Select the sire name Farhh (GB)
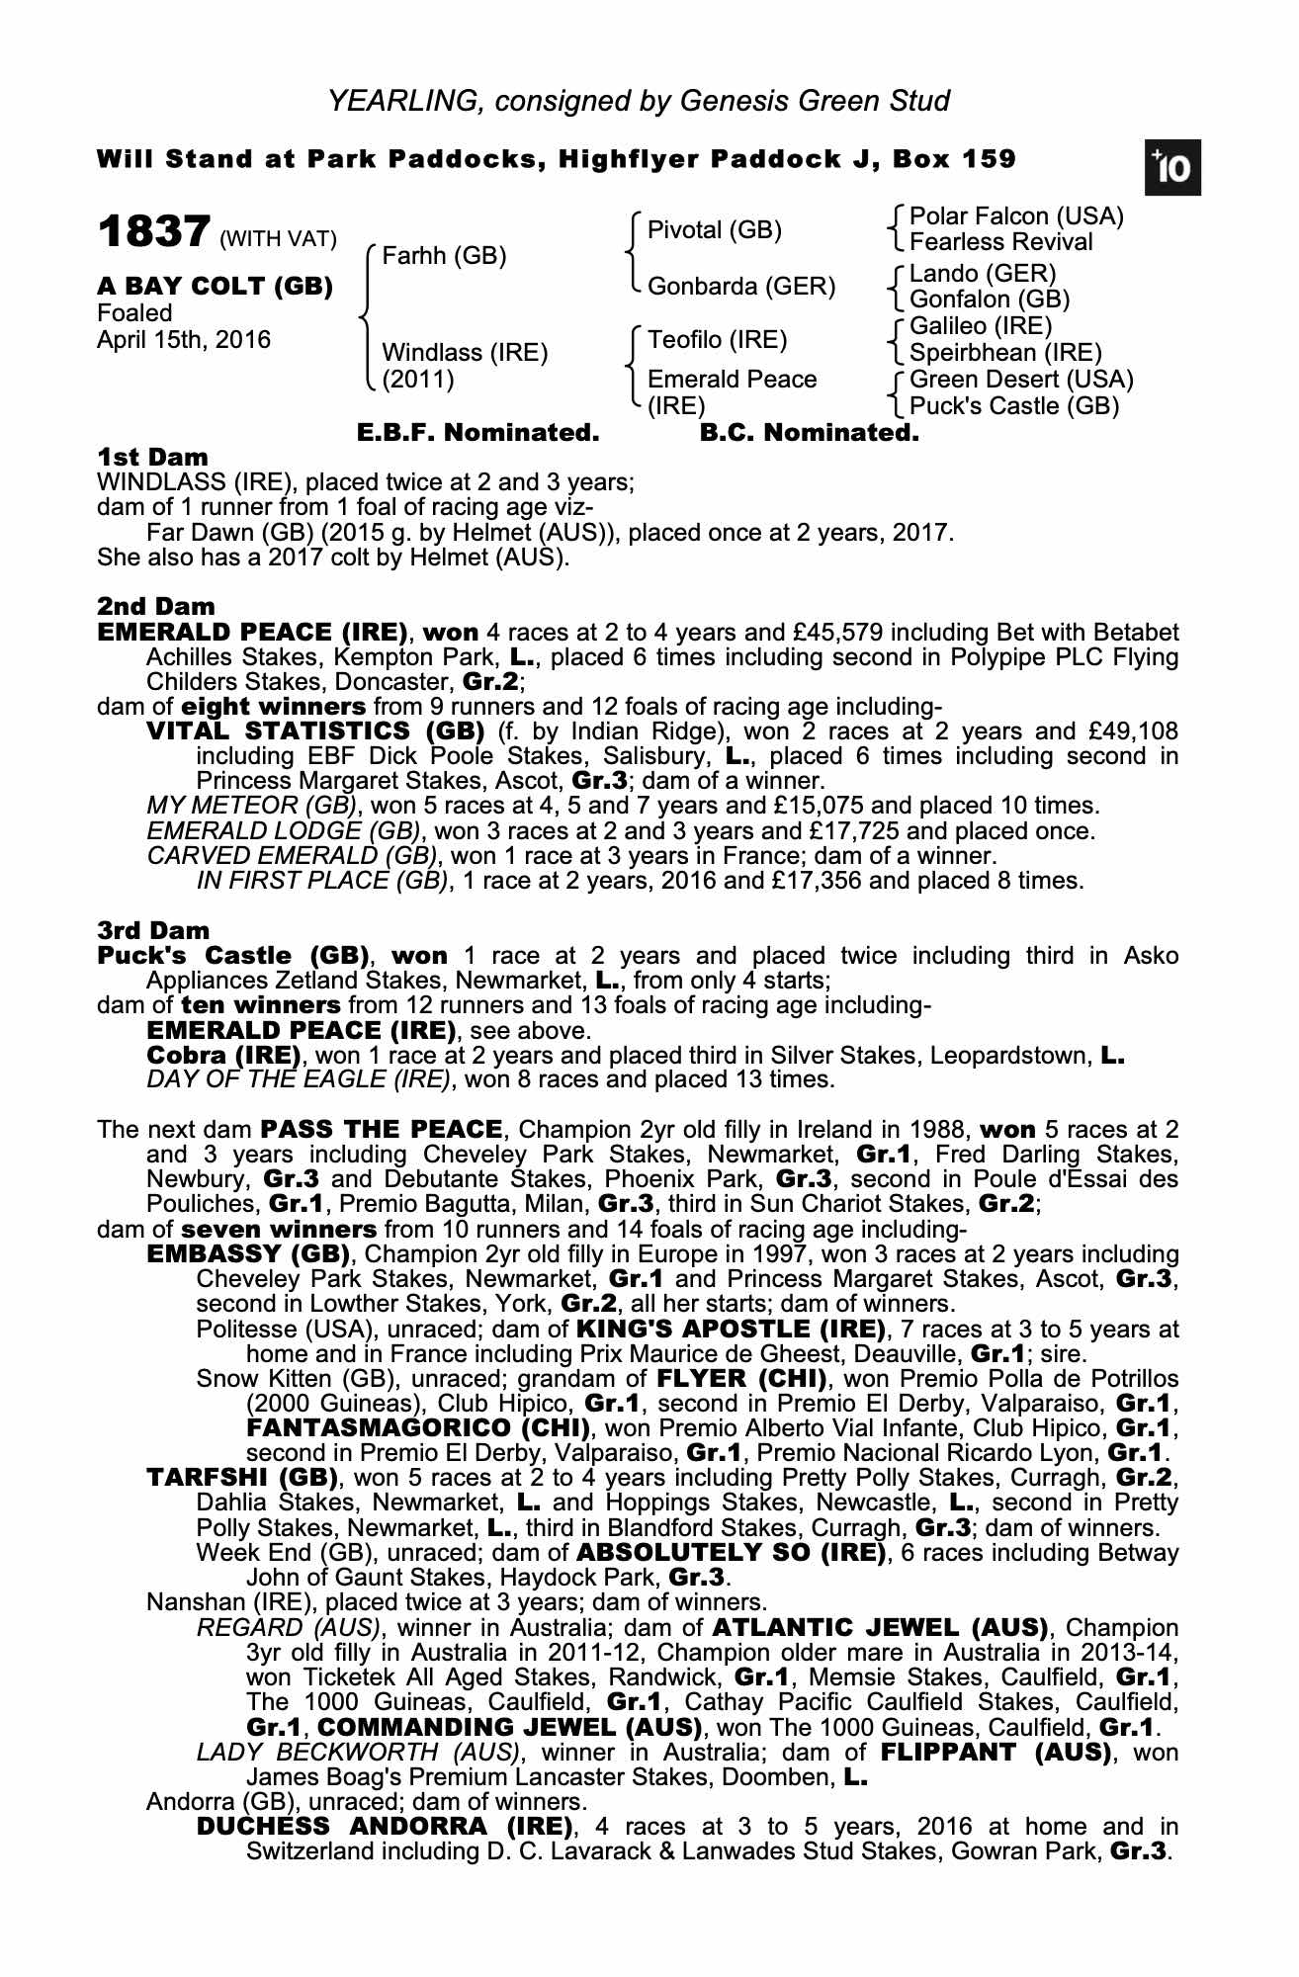[444, 257]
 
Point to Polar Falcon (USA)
[1015, 216]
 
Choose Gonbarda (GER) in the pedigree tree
[740, 287]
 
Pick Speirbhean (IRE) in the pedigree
[1004, 353]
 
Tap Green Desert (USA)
[1020, 380]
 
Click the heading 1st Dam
[152, 458]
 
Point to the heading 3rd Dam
[153, 931]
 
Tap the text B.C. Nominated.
[809, 433]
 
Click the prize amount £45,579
[832, 633]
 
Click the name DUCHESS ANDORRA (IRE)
[385, 1825]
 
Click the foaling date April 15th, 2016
[183, 340]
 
